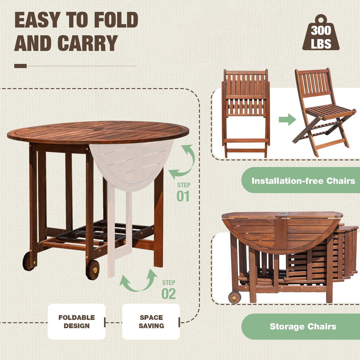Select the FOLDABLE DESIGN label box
pos(77,321)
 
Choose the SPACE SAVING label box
pos(151,321)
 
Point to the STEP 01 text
pos(183,192)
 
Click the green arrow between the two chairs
pos(287,120)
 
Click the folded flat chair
pos(246,113)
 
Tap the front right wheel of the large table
pos(93,270)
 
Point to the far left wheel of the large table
pos(28,261)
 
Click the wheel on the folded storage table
pos(235,297)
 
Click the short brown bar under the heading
pos(20,66)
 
